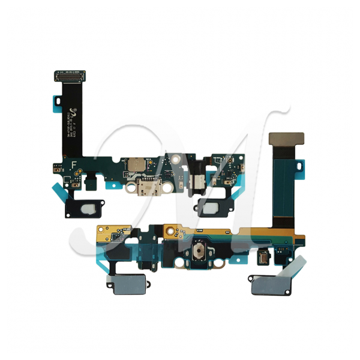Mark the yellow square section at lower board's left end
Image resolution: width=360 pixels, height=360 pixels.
109,233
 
